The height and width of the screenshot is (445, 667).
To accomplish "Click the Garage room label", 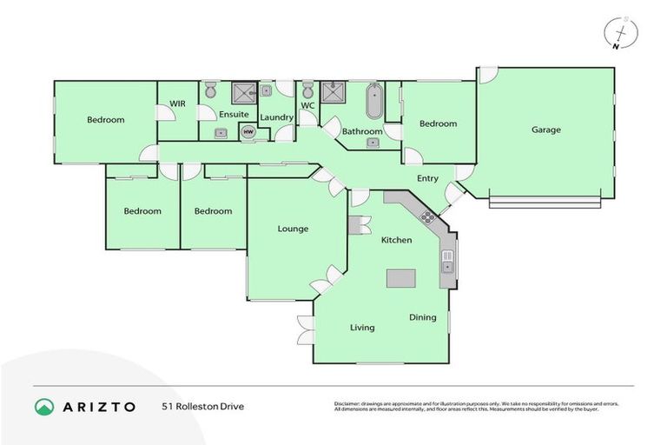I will (546, 130).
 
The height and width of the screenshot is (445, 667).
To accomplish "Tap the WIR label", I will (178, 103).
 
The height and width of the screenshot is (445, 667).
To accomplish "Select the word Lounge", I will (293, 229).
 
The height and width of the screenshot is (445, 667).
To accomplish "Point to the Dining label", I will (423, 317).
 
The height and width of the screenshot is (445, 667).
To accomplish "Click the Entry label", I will (427, 179).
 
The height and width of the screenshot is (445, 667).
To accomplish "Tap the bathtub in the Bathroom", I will (374, 100).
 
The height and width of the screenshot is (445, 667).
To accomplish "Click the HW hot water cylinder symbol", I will (248, 132).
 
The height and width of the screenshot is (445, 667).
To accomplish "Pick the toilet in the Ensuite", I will (210, 90).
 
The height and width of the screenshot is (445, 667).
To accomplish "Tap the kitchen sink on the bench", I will (447, 260).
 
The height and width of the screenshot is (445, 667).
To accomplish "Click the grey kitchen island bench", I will (401, 278).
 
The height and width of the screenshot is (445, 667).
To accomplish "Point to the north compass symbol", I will (617, 33).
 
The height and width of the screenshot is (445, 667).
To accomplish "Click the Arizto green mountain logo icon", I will (44, 406).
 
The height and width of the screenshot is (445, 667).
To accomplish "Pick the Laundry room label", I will (276, 117).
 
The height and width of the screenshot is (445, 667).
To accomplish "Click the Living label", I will (362, 328).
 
